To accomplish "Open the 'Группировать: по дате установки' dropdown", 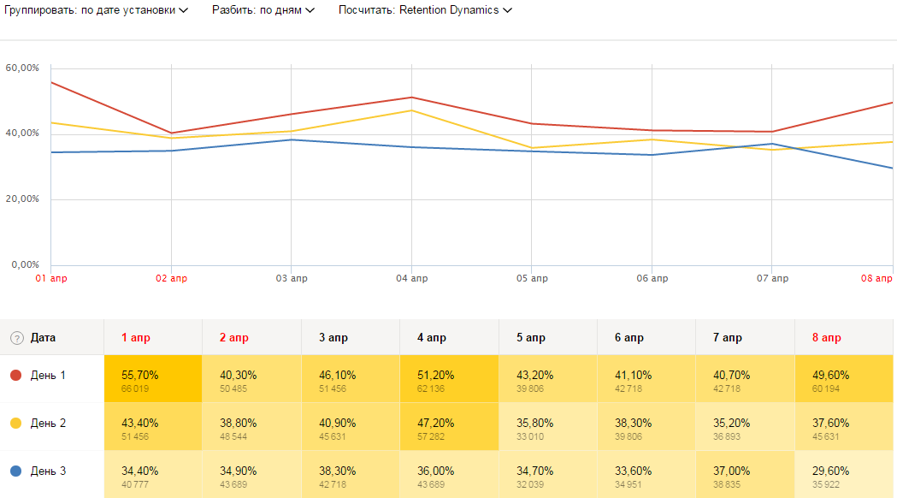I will coord(96,10).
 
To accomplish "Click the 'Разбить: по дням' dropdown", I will coord(263,10).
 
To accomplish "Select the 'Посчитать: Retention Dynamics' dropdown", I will coord(425,10).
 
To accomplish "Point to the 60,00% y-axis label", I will coord(23,68).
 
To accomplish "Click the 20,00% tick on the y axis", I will coord(23,199).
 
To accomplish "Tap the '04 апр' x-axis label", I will coord(412,279).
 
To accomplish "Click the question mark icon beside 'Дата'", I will coord(16,338).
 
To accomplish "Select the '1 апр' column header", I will coord(136,338).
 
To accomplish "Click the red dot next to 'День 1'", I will coord(15,376).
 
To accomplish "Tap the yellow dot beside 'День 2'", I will coord(15,424).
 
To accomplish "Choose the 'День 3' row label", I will coord(48,471).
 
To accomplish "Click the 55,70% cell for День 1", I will coord(153,379).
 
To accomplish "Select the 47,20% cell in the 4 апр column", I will coord(449,427).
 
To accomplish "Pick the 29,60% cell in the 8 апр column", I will coord(844,475).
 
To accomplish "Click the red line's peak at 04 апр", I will coord(411,98).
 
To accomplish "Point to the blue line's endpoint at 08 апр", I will coord(892,168).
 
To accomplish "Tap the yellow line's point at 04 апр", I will coord(411,110).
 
